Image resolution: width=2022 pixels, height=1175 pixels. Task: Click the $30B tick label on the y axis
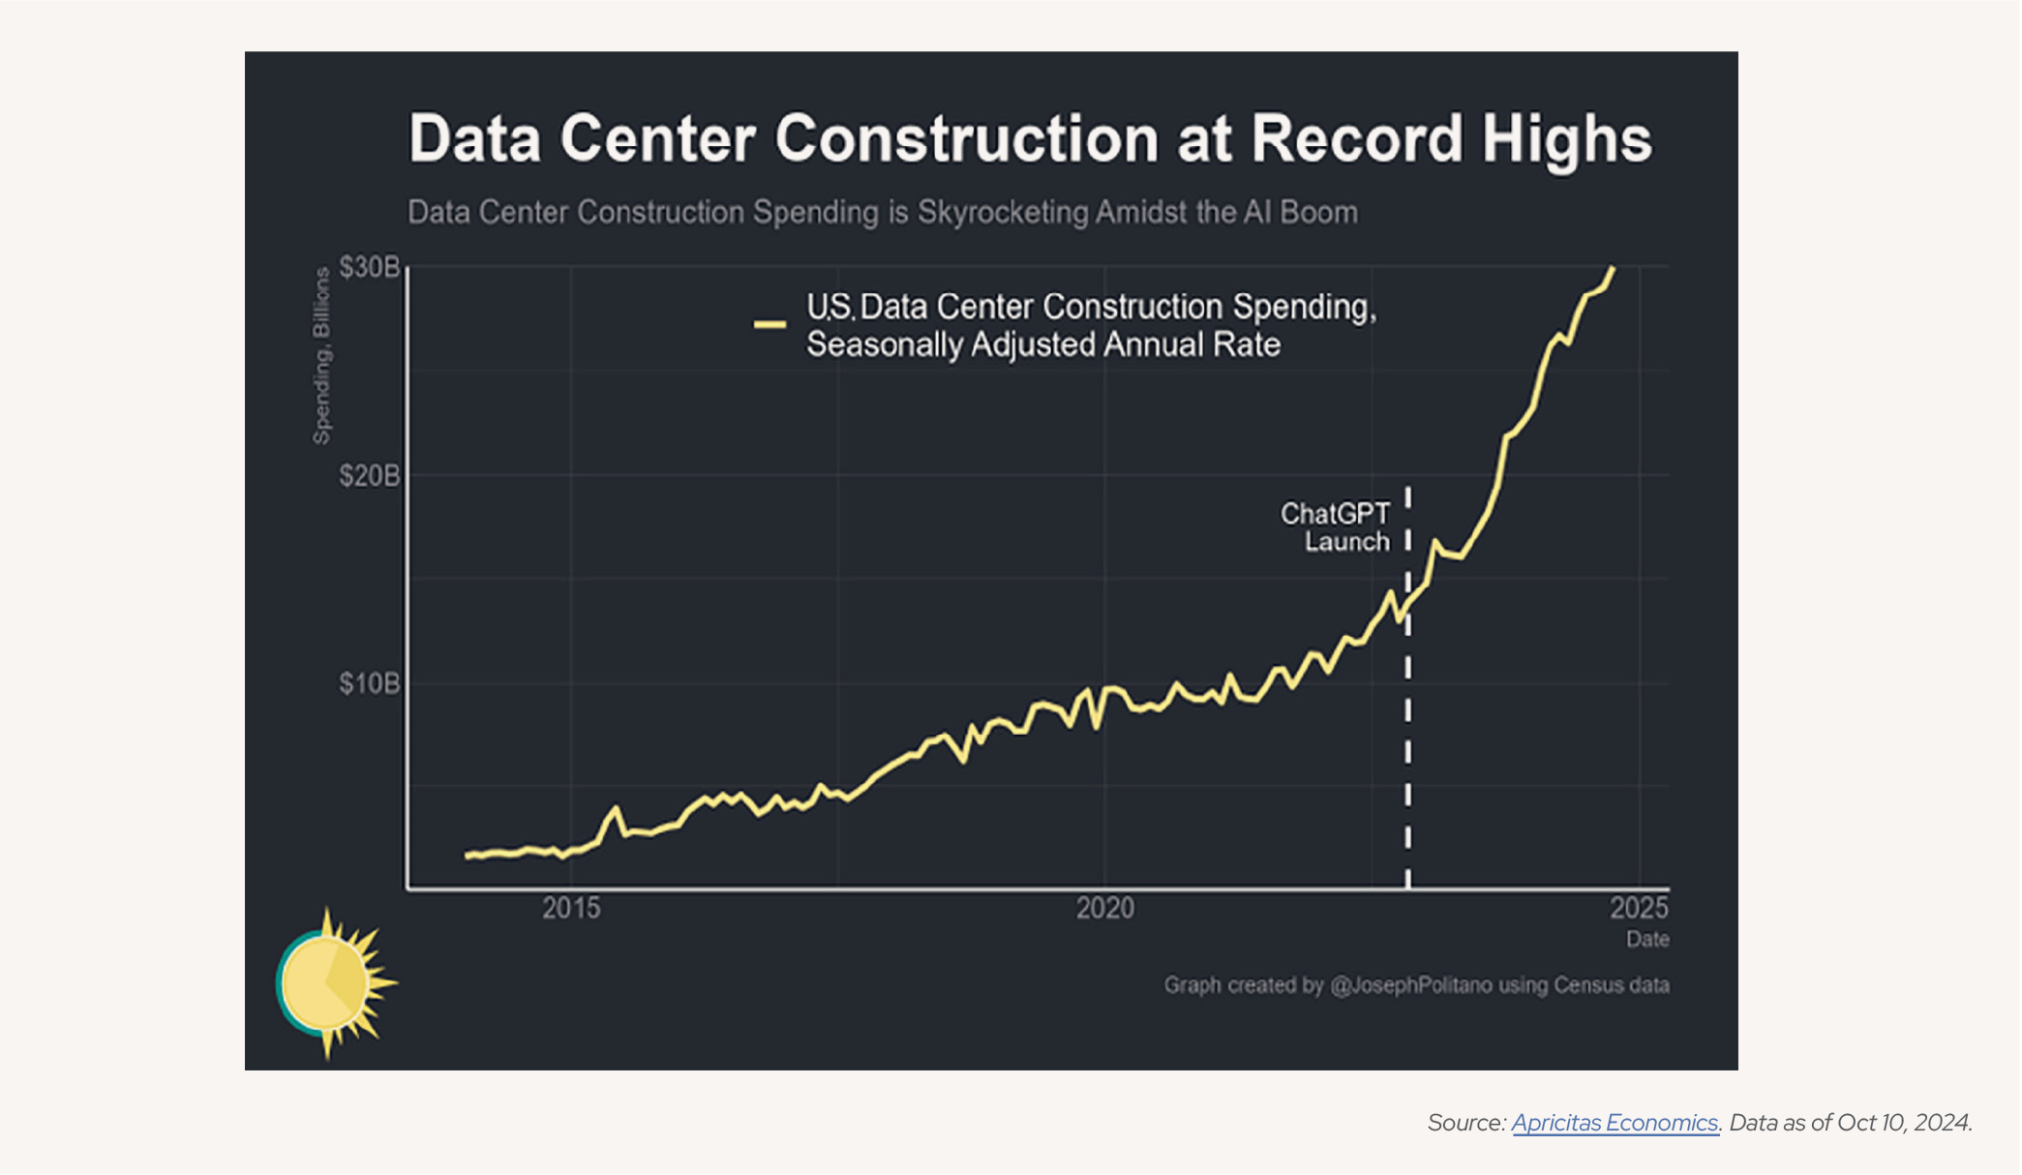369,267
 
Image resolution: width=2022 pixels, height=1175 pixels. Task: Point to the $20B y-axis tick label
369,476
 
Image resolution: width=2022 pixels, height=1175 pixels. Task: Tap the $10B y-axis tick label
369,684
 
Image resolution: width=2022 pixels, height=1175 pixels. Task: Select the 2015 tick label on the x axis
571,908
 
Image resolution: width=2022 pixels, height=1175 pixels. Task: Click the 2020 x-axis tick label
1105,908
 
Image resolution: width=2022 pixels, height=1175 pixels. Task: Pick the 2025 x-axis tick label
1639,908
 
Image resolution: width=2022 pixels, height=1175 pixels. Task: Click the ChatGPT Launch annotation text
1336,527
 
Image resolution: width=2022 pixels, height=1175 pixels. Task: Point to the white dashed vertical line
1407,736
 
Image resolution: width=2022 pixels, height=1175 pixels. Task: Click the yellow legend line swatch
770,325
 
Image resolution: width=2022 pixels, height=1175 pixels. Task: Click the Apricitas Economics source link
1615,1123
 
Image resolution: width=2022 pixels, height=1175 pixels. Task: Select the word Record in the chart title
1357,138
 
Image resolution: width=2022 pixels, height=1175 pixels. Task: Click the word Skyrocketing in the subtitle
1003,212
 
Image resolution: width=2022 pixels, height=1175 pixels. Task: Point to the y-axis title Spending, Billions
321,356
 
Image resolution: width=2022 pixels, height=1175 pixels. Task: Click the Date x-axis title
1647,939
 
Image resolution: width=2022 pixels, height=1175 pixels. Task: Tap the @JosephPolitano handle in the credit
1410,985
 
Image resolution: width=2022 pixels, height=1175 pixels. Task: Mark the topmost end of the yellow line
1613,268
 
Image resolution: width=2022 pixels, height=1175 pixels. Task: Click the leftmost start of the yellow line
467,856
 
